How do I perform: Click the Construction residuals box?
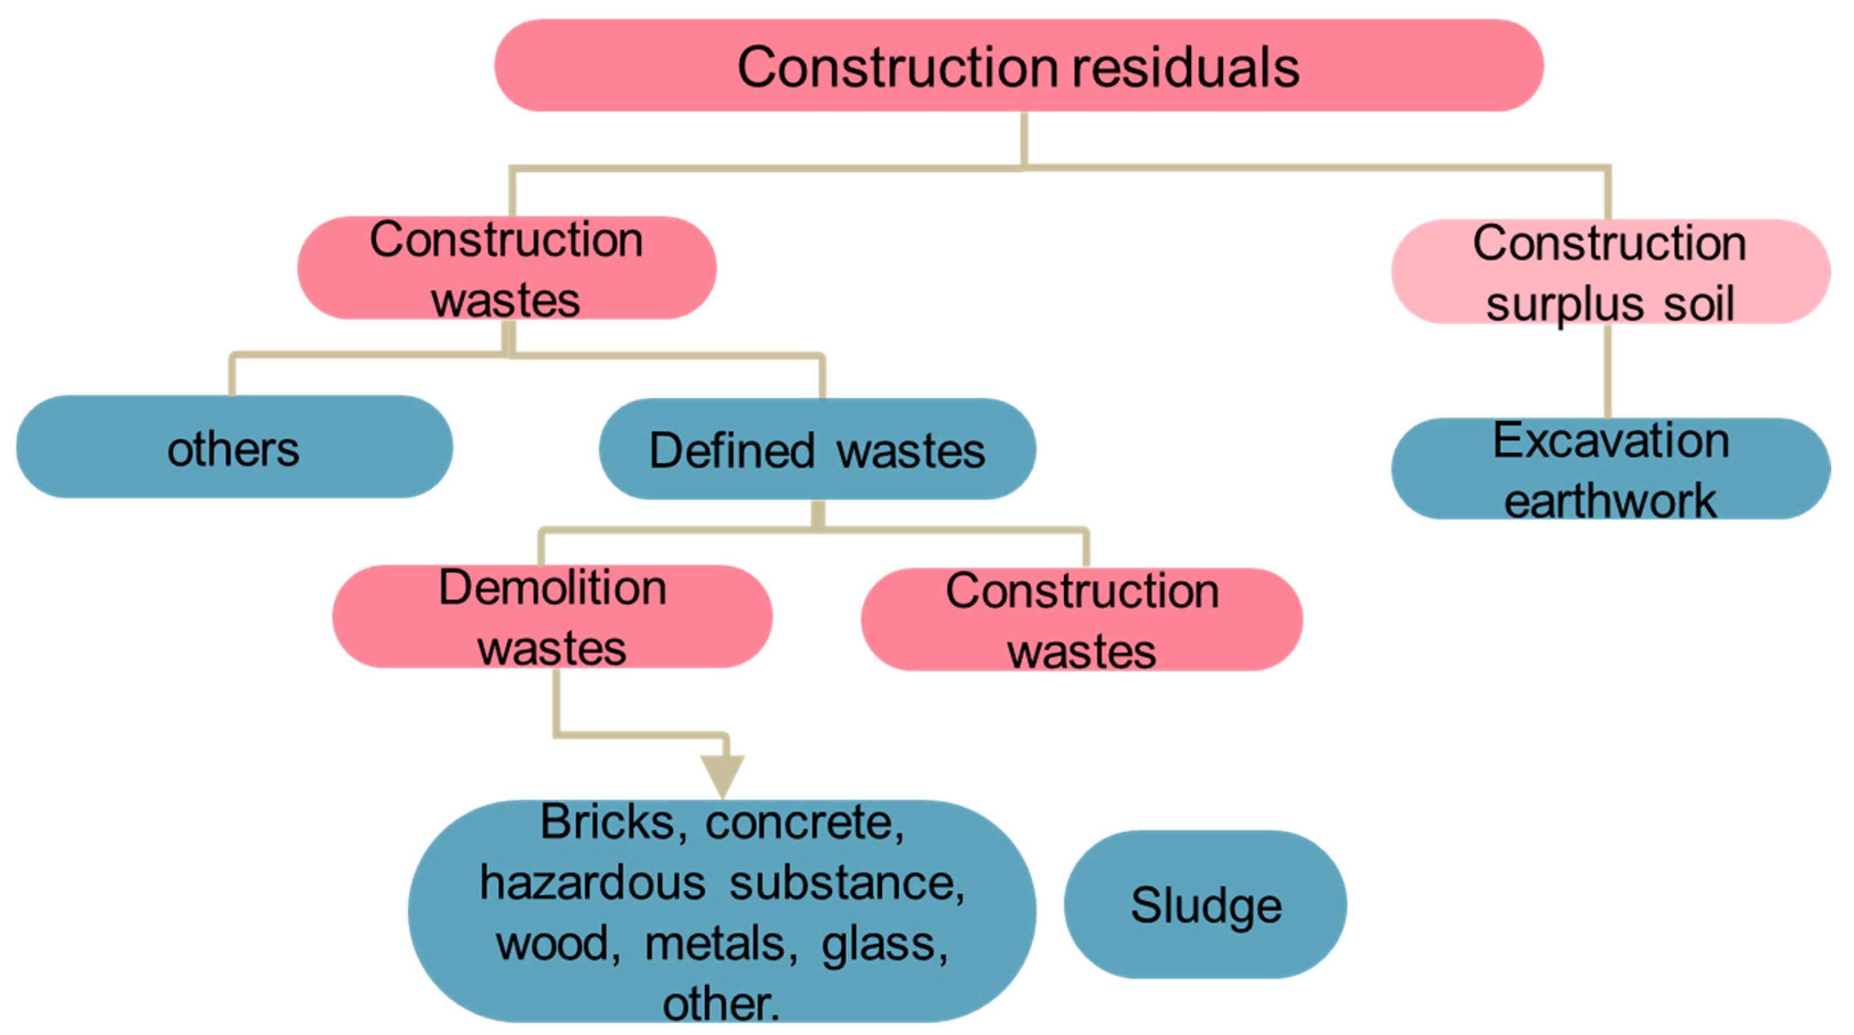1018,65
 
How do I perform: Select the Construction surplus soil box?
1610,272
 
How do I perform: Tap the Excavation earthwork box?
1610,469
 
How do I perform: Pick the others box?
234,448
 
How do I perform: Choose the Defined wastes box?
817,449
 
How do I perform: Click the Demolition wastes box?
552,617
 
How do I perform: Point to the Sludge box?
1205,904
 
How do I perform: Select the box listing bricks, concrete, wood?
722,911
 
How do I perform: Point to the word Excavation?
1611,440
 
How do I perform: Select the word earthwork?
1610,500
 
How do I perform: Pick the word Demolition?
552,587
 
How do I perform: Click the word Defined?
732,451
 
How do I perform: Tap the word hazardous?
592,883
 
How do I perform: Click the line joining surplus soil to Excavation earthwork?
1608,370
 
